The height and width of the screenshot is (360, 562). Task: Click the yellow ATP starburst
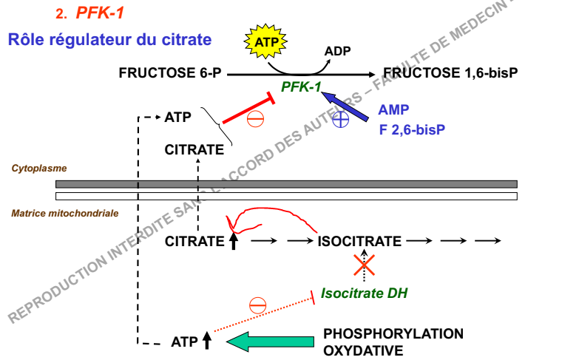click(268, 42)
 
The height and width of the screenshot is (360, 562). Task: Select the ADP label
click(337, 51)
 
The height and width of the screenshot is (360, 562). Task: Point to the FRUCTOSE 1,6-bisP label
click(450, 74)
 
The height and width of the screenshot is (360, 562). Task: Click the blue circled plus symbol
click(340, 120)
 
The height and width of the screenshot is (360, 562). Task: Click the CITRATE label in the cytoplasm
click(194, 150)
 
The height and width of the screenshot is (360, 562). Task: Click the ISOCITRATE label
click(359, 241)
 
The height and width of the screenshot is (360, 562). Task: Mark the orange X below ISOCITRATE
click(364, 265)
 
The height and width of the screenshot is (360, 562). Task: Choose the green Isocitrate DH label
click(364, 293)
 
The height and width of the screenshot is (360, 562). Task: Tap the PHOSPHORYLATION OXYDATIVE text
click(393, 341)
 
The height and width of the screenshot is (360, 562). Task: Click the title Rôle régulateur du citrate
click(109, 39)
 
